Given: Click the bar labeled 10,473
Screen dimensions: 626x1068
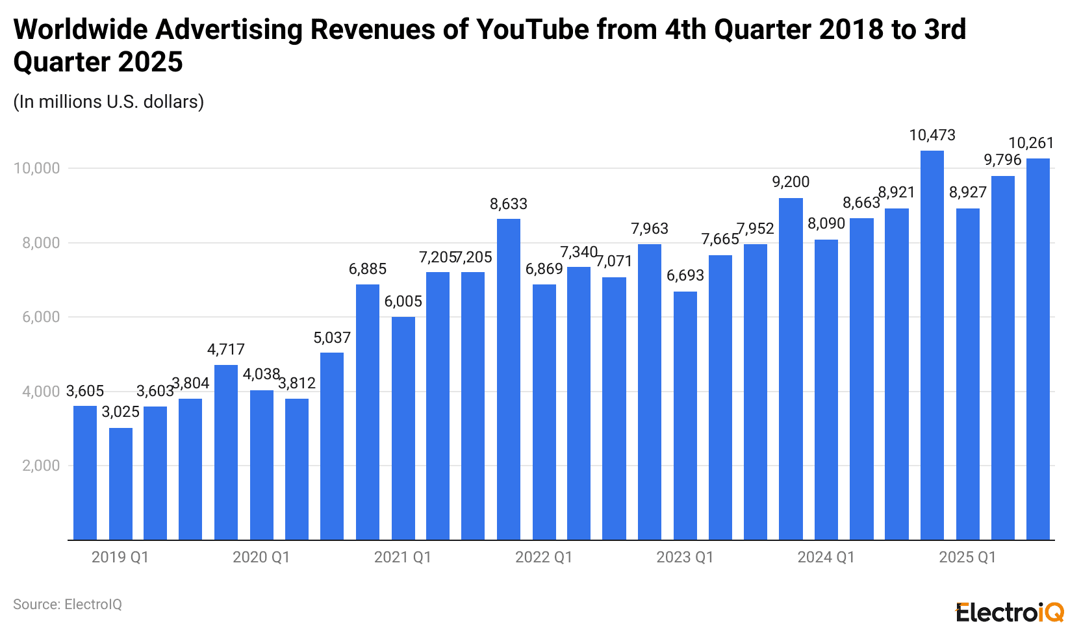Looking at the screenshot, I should click(932, 345).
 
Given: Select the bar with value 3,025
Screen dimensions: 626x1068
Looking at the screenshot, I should click(121, 484).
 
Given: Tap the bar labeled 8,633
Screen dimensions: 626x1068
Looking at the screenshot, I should click(509, 379).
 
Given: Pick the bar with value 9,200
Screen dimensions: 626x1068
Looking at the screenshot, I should click(791, 369).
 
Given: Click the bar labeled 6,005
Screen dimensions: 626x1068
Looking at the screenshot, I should click(403, 428).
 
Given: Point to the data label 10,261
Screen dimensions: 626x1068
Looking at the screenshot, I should click(1030, 143).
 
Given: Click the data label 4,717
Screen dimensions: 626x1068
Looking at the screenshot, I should click(226, 349).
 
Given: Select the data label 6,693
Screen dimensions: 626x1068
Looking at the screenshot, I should click(685, 275).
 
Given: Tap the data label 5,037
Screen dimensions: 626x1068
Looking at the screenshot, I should click(332, 338).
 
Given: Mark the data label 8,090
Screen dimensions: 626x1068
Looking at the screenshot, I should click(826, 224).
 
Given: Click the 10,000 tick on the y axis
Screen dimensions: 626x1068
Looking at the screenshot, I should click(36, 168).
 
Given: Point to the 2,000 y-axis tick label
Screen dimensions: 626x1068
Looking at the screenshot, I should click(40, 466).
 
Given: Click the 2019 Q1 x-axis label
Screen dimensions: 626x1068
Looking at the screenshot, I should click(120, 557).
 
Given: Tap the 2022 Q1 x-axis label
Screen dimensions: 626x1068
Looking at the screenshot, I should click(544, 557).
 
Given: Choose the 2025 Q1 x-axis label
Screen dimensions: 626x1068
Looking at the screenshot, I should click(967, 557).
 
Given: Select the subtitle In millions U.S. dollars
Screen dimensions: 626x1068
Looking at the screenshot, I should click(108, 102).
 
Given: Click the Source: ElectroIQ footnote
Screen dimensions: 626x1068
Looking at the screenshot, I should click(68, 605).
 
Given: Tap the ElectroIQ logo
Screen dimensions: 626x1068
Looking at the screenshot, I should click(1009, 612).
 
